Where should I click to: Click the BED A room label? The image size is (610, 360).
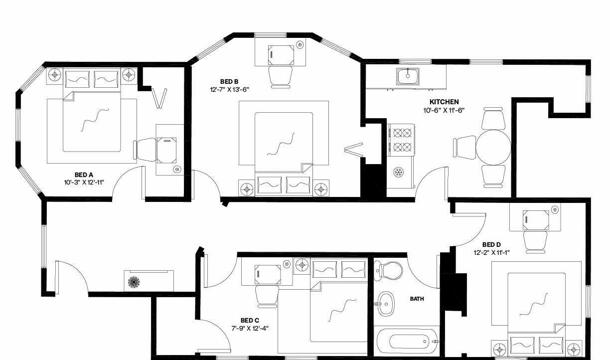pos(84,175)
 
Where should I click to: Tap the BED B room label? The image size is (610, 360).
pos(229,81)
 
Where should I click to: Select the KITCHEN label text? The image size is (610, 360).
pos(444,102)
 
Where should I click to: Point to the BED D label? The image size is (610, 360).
pos(491,244)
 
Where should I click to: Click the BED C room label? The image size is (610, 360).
pos(250,320)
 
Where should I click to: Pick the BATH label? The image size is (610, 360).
pos(417,299)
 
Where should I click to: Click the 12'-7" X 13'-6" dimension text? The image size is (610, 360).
pos(230,90)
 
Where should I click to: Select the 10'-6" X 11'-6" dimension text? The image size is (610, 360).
pos(444,110)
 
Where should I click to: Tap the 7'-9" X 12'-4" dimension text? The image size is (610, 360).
pos(250,329)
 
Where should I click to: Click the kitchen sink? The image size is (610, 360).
pos(408,76)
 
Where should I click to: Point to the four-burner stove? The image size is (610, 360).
pos(401,140)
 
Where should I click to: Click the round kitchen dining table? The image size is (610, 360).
pos(493,148)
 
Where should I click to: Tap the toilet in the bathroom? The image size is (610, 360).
pos(388,271)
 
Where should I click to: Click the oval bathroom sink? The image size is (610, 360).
pos(386,304)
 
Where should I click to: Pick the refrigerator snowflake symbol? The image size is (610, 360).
pos(399,172)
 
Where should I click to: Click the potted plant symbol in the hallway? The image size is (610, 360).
pos(134,282)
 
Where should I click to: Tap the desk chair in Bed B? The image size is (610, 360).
pos(280,77)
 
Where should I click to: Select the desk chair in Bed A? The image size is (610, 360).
pos(145,150)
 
